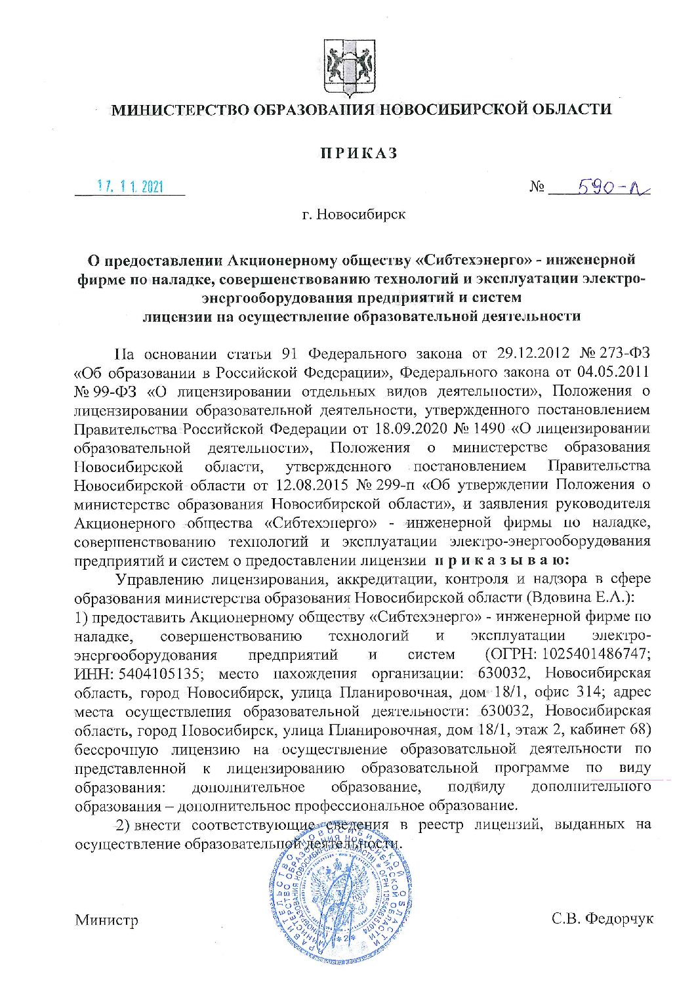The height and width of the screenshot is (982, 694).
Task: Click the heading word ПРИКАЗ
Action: click(x=359, y=154)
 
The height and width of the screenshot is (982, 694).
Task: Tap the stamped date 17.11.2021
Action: click(x=130, y=186)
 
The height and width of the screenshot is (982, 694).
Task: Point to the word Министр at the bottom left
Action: click(x=107, y=920)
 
